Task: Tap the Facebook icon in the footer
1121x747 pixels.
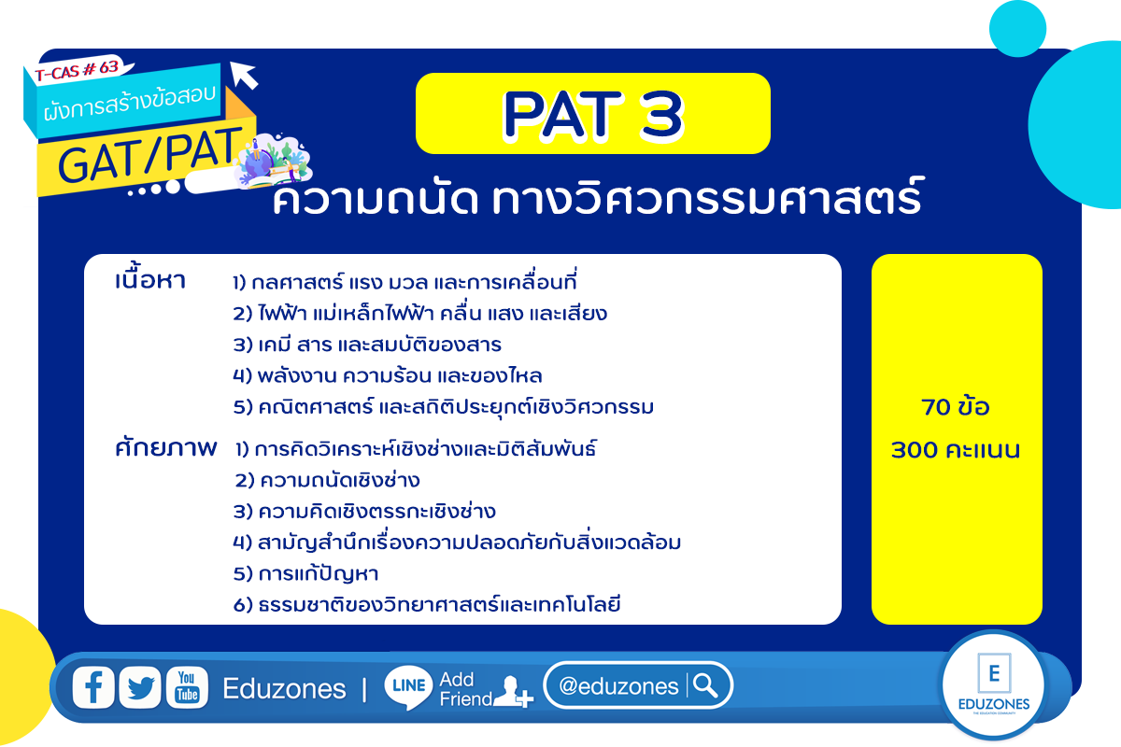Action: tap(93, 687)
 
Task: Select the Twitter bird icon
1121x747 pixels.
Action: tap(140, 687)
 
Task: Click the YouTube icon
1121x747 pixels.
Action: tap(187, 687)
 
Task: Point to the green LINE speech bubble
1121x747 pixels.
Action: tap(408, 687)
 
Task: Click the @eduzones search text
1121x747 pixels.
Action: tap(618, 686)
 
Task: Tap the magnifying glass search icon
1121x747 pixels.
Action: tap(705, 685)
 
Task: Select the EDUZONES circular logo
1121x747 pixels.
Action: tap(994, 684)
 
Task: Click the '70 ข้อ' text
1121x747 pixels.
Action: tap(956, 407)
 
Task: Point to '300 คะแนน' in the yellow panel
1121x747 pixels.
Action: tap(956, 450)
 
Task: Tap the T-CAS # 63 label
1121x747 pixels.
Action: tap(77, 70)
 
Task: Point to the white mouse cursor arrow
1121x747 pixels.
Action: tap(244, 75)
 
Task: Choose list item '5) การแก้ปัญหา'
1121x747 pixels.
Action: tap(305, 573)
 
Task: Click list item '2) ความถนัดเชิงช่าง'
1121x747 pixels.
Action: tap(327, 480)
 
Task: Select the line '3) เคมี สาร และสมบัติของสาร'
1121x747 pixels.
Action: tap(367, 345)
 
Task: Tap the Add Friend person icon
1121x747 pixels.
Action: tap(513, 692)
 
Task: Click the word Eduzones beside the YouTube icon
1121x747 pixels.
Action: tap(284, 688)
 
